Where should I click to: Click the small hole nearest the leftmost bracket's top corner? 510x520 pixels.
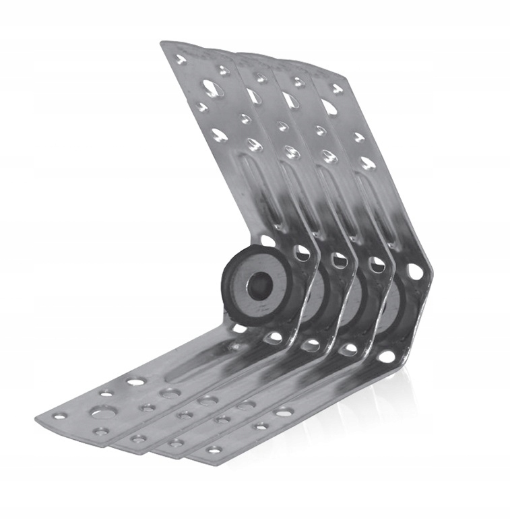181,60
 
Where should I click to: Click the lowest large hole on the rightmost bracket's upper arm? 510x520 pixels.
367,162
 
